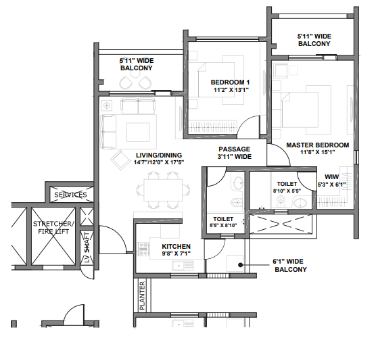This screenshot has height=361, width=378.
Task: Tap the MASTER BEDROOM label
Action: point(317,145)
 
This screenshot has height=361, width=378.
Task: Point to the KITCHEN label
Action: point(176,247)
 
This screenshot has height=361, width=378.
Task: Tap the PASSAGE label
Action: point(234,149)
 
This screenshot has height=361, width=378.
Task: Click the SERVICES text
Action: point(71,195)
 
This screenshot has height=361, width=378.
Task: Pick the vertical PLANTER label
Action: point(142,295)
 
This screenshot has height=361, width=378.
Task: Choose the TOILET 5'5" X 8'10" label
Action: point(223,223)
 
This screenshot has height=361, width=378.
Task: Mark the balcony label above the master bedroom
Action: point(314,39)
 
